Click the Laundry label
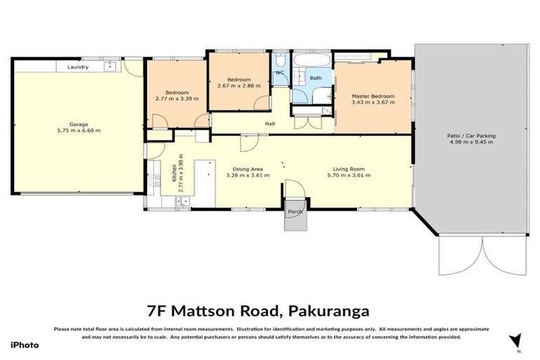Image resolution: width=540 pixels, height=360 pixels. (78, 67)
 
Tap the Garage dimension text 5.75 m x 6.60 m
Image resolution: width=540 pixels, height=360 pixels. (78, 131)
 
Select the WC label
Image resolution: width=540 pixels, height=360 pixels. (279, 73)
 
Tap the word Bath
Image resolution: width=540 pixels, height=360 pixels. (316, 78)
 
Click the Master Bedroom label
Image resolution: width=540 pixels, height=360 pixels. (373, 96)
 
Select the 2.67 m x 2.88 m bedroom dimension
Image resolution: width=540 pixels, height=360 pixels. (239, 86)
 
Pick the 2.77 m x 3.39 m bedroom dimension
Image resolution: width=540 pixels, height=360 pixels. (176, 99)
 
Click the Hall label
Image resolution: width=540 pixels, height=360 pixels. (270, 124)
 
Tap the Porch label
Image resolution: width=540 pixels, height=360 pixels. (295, 212)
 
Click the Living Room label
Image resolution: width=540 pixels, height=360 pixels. (349, 169)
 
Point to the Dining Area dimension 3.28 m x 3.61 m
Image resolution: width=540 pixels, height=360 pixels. (244, 175)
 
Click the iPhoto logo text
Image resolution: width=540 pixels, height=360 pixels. (25, 345)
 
